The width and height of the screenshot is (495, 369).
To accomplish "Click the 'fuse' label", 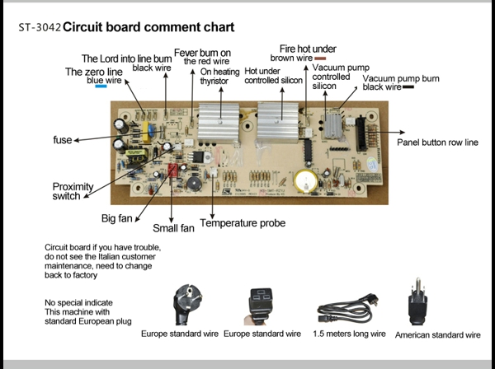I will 62,140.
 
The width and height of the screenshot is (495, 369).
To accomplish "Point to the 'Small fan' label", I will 173,228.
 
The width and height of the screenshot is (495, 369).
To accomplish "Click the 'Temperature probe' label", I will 243,223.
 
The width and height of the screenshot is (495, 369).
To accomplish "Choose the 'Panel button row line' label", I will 436,142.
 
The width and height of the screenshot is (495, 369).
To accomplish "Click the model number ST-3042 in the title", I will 39,28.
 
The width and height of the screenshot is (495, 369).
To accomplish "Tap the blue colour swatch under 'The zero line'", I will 101,88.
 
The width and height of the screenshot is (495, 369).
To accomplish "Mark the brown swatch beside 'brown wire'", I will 320,59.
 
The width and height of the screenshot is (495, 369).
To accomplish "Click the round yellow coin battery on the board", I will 306,180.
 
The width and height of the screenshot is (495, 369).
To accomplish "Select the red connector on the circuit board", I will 174,170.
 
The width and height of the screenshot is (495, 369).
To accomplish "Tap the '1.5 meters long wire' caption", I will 349,334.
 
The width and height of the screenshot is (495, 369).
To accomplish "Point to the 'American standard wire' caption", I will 437,335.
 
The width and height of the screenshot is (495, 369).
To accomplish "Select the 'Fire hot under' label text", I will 308,49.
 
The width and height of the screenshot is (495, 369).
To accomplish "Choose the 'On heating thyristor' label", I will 220,77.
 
